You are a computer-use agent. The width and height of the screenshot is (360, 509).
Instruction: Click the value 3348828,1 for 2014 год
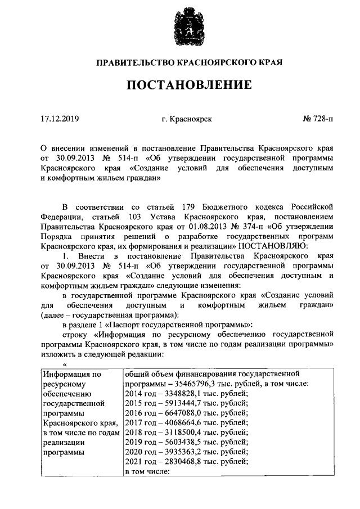[x=175, y=393]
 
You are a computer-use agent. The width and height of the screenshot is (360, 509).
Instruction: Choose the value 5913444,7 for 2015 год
[x=175, y=403]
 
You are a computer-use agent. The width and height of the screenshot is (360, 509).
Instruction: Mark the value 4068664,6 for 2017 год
[x=175, y=422]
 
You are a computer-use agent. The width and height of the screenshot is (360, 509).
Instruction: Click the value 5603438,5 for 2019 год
[x=175, y=442]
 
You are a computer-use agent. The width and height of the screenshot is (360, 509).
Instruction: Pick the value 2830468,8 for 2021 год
[x=175, y=462]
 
